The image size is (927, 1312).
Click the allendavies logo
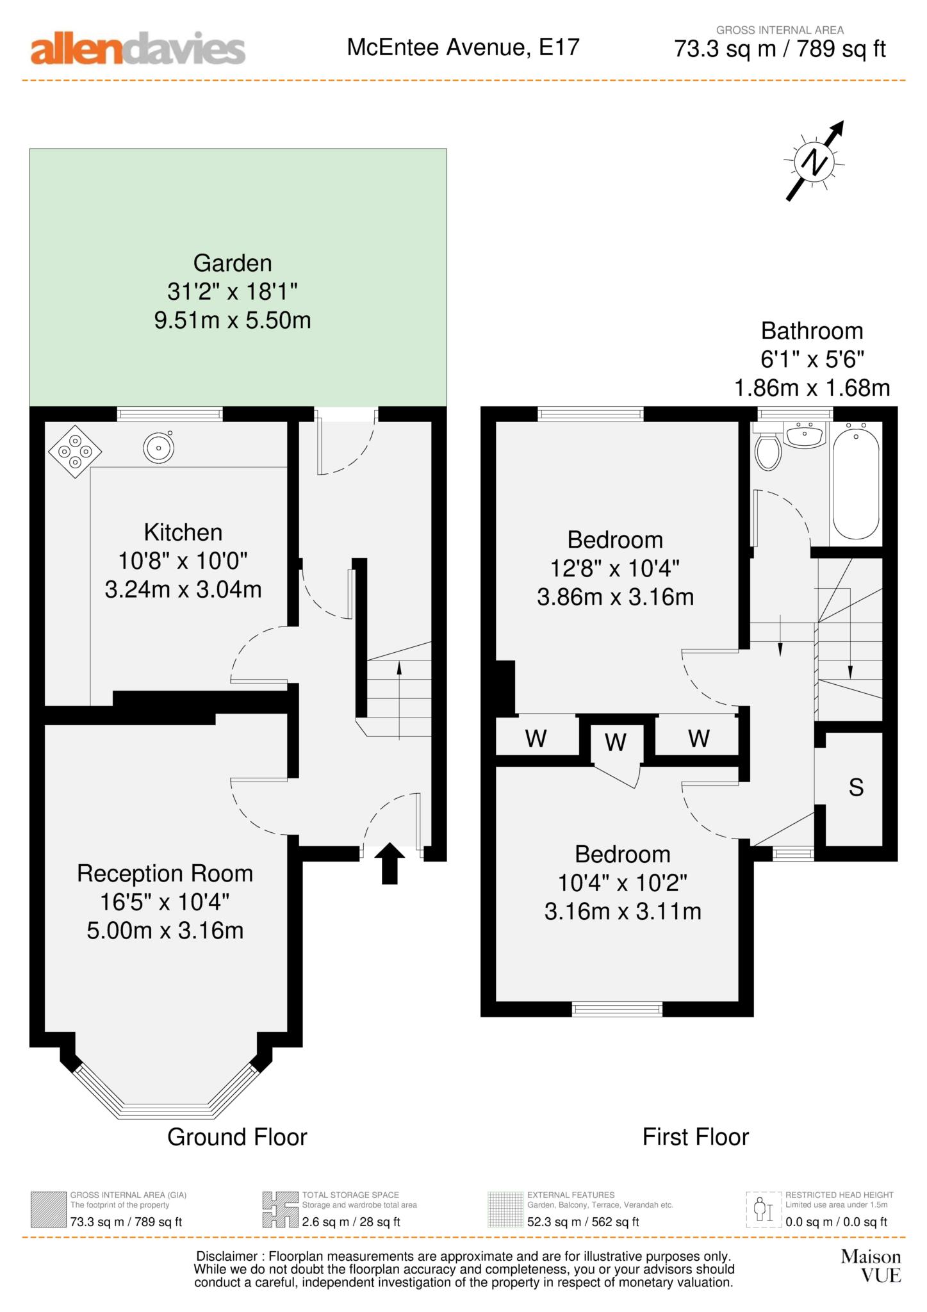click(x=138, y=49)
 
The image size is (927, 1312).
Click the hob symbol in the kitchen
click(x=74, y=451)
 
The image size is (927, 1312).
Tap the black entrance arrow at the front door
click(x=389, y=863)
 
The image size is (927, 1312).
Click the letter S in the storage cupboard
click(x=855, y=787)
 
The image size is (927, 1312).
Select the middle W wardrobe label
click(x=615, y=742)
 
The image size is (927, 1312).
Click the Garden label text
click(x=233, y=263)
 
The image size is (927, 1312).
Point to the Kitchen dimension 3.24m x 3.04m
click(x=183, y=589)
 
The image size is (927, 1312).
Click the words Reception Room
click(x=165, y=874)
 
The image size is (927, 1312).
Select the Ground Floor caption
click(x=237, y=1137)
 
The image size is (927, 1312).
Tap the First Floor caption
click(x=695, y=1137)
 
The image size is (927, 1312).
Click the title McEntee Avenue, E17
click(x=463, y=47)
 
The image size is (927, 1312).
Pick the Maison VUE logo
click(x=871, y=1266)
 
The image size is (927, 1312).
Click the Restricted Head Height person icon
click(x=763, y=1209)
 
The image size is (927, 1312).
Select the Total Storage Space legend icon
click(x=280, y=1209)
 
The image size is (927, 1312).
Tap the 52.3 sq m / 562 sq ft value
click(x=583, y=1222)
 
